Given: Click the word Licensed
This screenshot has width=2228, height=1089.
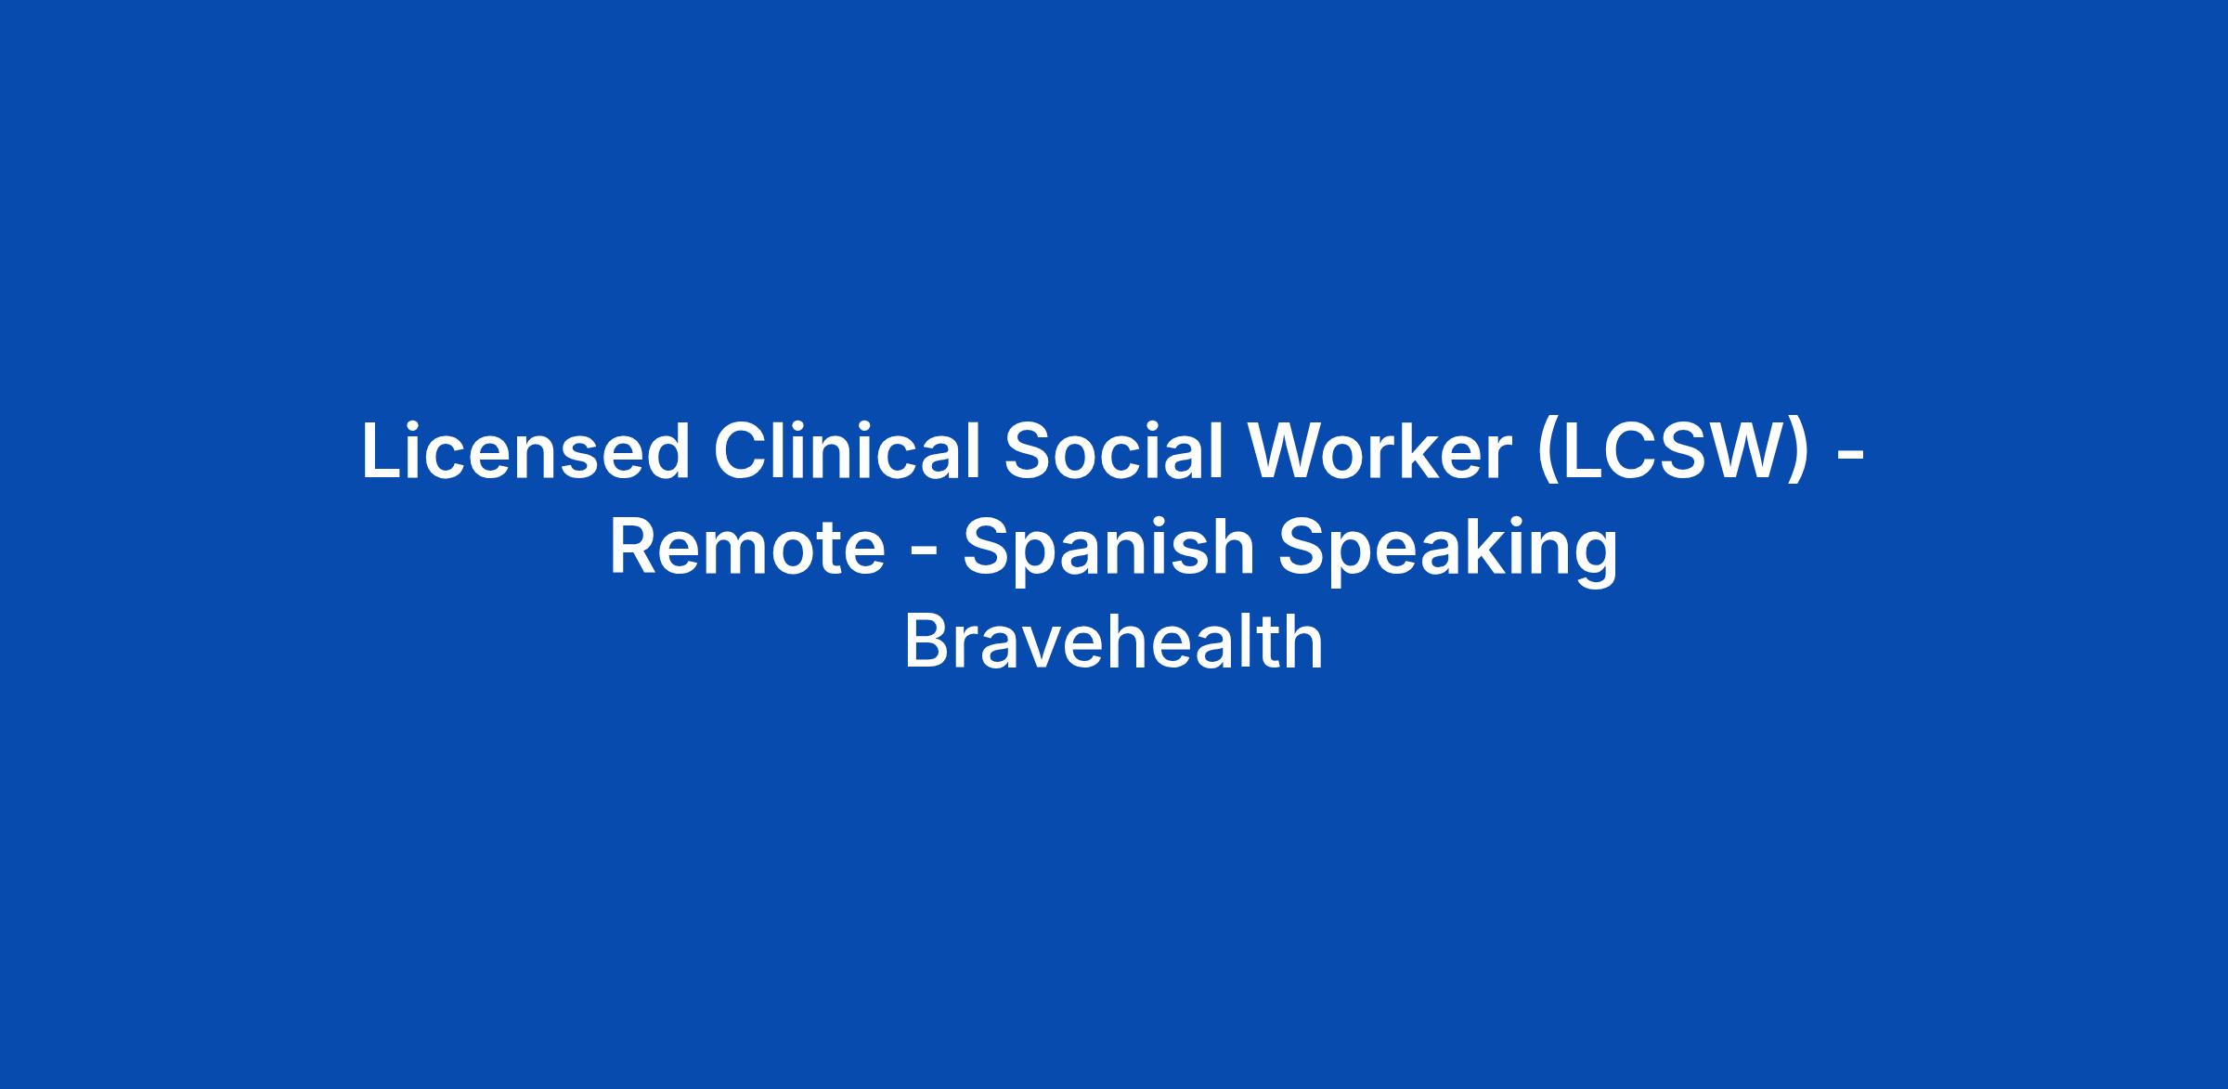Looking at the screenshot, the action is (x=525, y=452).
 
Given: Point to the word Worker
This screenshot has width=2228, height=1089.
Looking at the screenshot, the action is (x=1380, y=452).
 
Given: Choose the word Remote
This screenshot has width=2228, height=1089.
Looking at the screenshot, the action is (x=747, y=548).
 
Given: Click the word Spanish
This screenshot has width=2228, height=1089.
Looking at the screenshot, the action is (x=1108, y=551).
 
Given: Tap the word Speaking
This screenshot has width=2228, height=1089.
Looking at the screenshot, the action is (x=1448, y=551).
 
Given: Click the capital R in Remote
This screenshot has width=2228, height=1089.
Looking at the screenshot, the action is (x=634, y=548).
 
